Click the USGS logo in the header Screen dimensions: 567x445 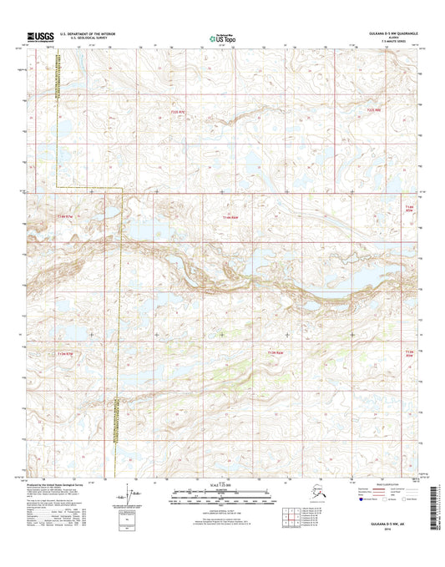[41, 37]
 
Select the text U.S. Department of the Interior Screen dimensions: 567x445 [92, 34]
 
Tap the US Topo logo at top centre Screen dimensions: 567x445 [222, 37]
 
